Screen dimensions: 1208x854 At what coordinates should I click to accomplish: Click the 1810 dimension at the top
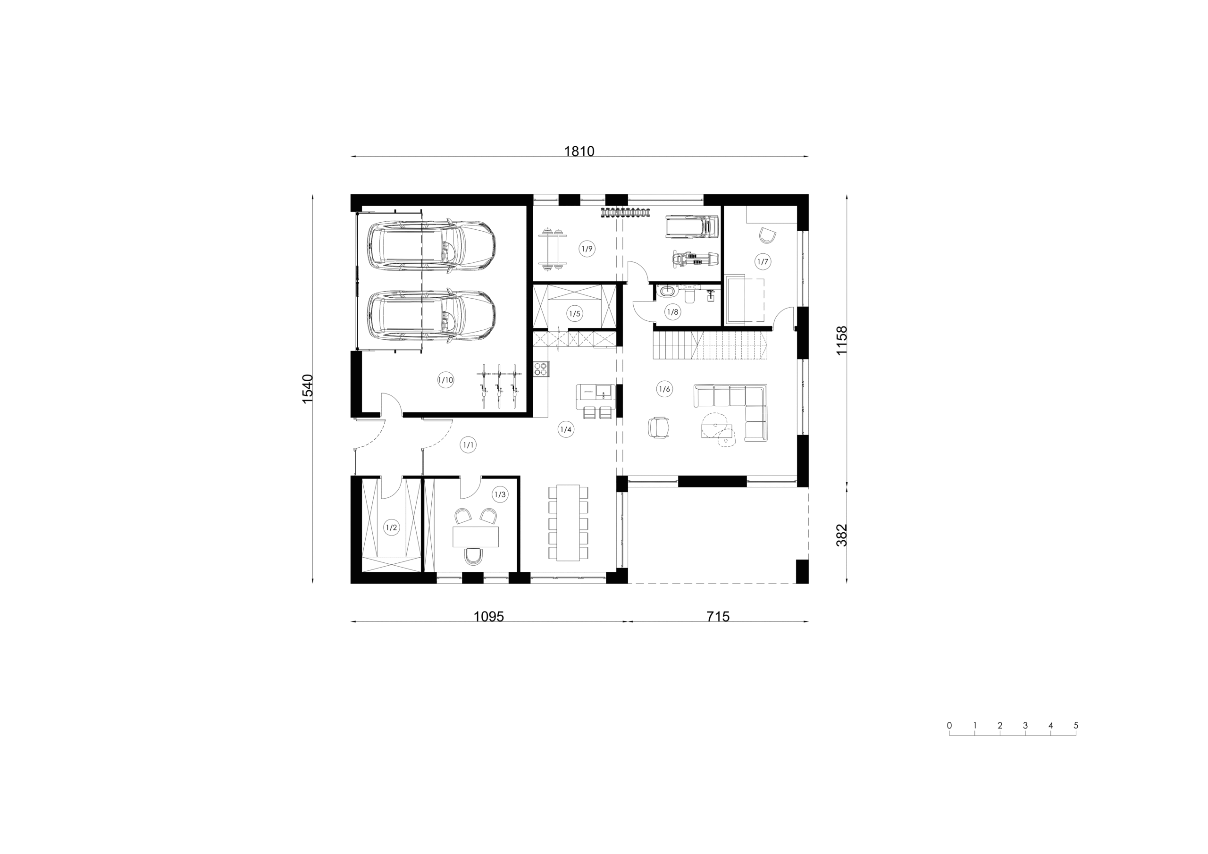click(579, 151)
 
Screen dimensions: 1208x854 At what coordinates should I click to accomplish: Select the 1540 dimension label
click(308, 389)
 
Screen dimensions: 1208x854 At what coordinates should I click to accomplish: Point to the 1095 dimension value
click(489, 617)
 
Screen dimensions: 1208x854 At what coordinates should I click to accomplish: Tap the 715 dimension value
click(718, 617)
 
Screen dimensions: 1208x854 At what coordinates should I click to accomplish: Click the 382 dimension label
click(842, 535)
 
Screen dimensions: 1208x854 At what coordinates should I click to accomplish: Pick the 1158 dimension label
click(842, 341)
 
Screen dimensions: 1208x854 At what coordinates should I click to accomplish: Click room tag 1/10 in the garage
click(445, 380)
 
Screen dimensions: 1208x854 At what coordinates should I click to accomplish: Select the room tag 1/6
click(664, 389)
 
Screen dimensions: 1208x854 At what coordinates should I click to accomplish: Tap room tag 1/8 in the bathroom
click(672, 312)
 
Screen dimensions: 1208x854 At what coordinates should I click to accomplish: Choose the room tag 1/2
click(392, 527)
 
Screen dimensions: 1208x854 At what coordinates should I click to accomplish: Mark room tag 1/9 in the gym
click(587, 249)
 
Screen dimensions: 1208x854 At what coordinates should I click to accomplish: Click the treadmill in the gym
click(692, 227)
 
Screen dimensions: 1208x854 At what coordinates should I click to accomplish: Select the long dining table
click(568, 522)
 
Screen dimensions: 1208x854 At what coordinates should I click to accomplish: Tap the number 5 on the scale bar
click(1076, 725)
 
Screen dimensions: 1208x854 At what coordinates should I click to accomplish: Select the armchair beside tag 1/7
click(768, 235)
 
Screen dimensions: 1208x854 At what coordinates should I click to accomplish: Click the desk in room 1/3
click(476, 537)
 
